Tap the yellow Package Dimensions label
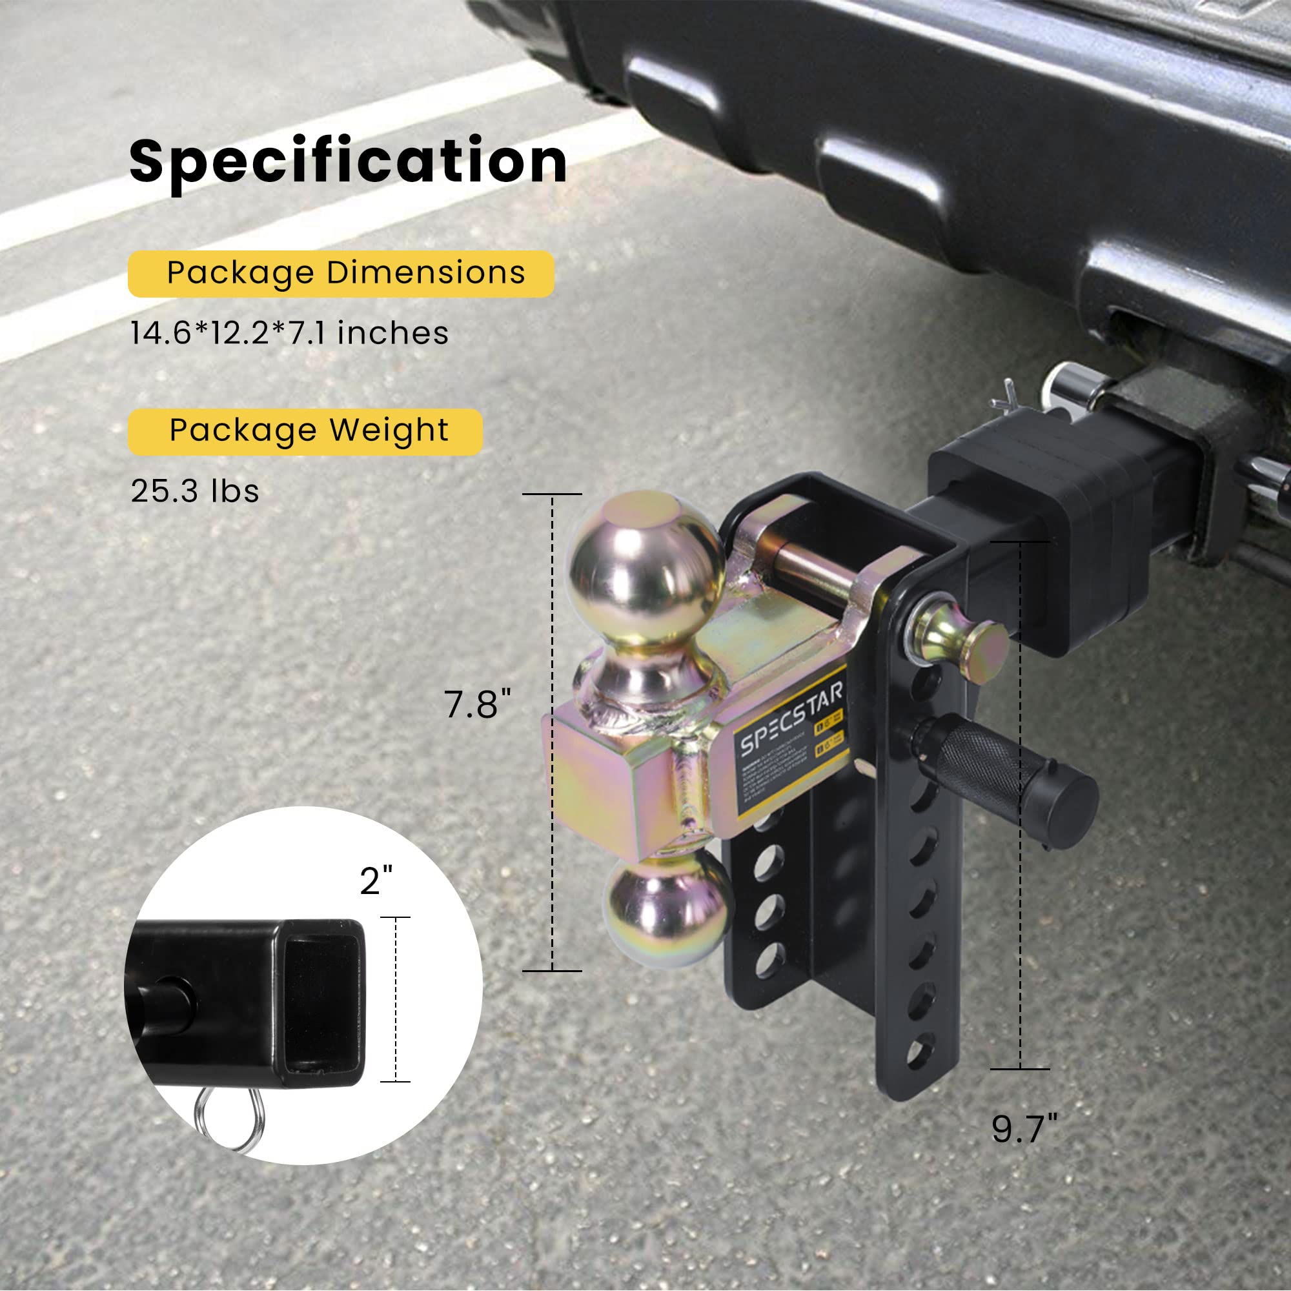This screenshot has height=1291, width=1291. (x=341, y=273)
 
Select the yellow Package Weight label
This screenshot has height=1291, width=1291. (x=305, y=431)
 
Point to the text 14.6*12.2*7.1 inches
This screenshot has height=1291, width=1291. (x=289, y=333)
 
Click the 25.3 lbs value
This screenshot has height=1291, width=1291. (x=194, y=491)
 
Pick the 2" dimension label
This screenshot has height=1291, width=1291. (x=376, y=880)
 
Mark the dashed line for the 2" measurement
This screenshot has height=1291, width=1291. (x=396, y=999)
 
